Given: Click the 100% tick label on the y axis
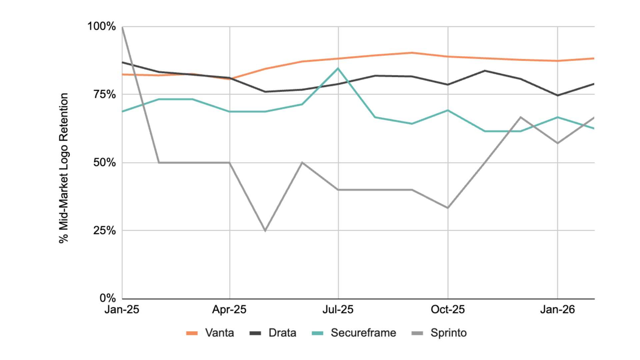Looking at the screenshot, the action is pyautogui.click(x=101, y=26).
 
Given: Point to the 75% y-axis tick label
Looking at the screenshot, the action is pyautogui.click(x=104, y=94).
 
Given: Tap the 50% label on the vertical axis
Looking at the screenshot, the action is pyautogui.click(x=104, y=163).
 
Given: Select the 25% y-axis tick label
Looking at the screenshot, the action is pyautogui.click(x=104, y=230).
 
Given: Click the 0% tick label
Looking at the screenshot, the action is pyautogui.click(x=108, y=298).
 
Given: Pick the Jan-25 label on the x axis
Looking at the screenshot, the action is pyautogui.click(x=122, y=310).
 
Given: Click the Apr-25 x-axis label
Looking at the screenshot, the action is pyautogui.click(x=229, y=310).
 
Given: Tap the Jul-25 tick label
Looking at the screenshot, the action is pyautogui.click(x=338, y=310).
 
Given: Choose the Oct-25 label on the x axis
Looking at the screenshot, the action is pyautogui.click(x=448, y=310).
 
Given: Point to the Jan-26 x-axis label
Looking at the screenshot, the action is pyautogui.click(x=557, y=310).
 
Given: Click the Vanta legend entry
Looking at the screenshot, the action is pyautogui.click(x=210, y=333).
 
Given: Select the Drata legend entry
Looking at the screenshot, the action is pyautogui.click(x=273, y=333).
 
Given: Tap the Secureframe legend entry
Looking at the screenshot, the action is pyautogui.click(x=354, y=333).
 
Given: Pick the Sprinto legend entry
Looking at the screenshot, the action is pyautogui.click(x=439, y=333).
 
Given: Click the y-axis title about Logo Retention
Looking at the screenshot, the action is pyautogui.click(x=63, y=168).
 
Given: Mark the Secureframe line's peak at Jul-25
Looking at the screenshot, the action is pyautogui.click(x=338, y=69).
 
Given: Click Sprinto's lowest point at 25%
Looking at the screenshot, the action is pyautogui.click(x=265, y=231).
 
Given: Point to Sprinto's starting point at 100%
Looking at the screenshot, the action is pyautogui.click(x=122, y=27).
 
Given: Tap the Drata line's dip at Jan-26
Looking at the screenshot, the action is pyautogui.click(x=557, y=95).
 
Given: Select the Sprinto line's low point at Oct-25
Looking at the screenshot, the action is pyautogui.click(x=448, y=208).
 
